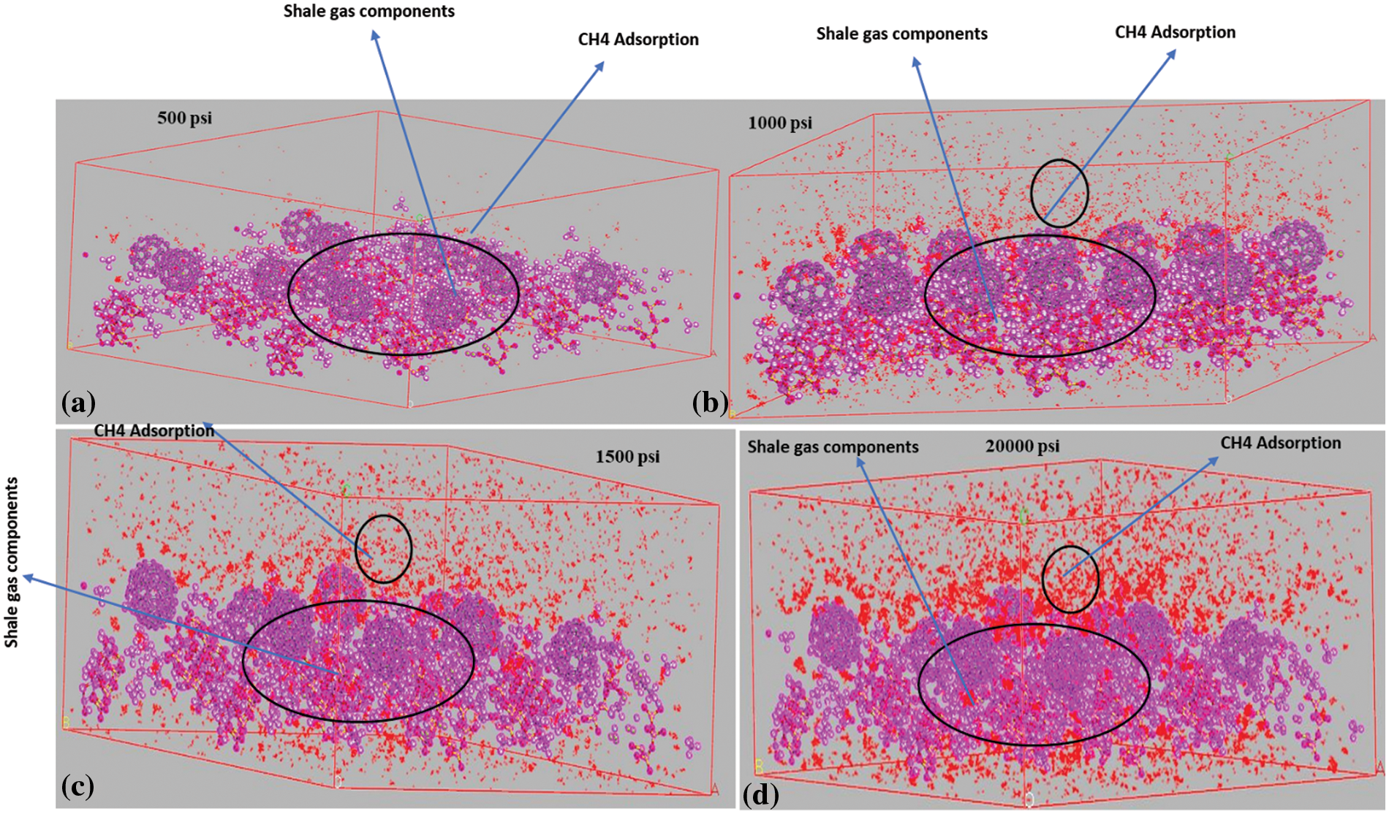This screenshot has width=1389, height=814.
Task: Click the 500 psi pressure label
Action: [x=184, y=118]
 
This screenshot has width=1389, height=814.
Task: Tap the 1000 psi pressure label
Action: [x=779, y=123]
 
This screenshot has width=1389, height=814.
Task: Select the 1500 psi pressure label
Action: [x=627, y=457]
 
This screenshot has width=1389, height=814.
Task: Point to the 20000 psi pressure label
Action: [x=1022, y=446]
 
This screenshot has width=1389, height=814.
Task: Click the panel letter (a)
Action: [x=79, y=403]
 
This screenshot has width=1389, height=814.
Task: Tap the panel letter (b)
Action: [x=710, y=403]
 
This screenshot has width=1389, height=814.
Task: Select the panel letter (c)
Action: [x=78, y=786]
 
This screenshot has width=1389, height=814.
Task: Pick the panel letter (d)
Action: [x=760, y=794]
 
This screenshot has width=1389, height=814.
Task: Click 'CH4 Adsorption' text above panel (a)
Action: [x=638, y=39]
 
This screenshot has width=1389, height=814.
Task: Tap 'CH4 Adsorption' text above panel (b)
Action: [x=1175, y=32]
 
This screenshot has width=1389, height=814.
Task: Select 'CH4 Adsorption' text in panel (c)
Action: [x=154, y=430]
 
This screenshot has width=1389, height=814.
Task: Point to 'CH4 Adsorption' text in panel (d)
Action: [x=1280, y=443]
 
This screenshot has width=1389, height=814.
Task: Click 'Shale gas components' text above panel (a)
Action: [x=369, y=11]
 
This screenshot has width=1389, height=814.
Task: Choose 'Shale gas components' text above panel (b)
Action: [x=901, y=34]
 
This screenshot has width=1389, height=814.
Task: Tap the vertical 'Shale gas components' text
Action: [x=12, y=563]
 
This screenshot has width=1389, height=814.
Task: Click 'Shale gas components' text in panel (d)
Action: [x=833, y=447]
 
